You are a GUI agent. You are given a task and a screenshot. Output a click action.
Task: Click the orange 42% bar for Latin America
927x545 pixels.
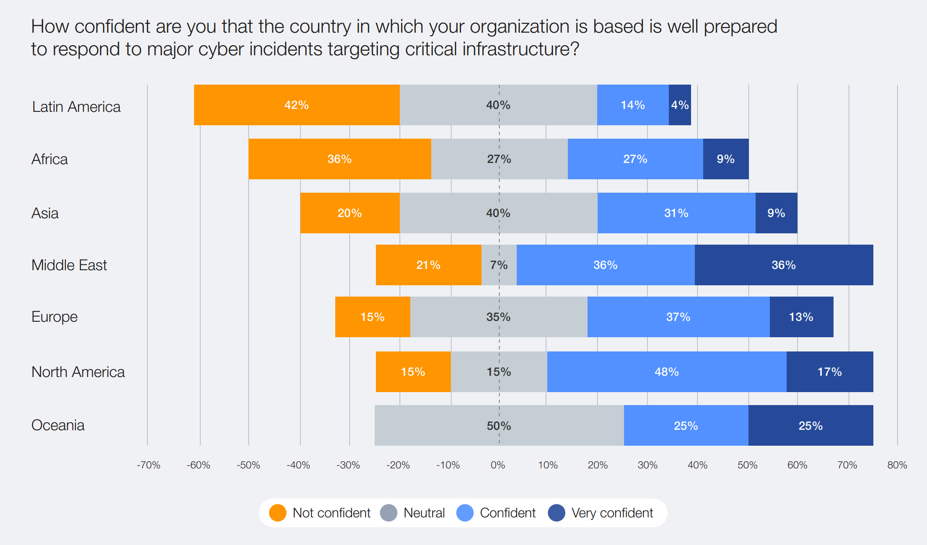[296, 105]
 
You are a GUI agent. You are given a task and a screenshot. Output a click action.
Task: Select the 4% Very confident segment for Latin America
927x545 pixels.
[679, 105]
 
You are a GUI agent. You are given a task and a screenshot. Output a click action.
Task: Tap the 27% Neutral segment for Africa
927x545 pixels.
[499, 159]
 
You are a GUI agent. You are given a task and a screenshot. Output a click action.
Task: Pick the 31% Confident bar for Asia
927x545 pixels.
[676, 213]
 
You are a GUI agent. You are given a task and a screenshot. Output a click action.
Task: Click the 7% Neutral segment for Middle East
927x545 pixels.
[499, 265]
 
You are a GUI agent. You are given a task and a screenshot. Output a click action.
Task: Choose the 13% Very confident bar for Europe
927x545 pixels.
[801, 317]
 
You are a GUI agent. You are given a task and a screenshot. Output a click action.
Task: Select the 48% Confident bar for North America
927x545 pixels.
[666, 372]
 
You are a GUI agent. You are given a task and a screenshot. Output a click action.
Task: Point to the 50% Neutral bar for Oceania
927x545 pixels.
[499, 426]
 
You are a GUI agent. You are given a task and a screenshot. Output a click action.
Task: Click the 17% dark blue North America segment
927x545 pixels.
[829, 372]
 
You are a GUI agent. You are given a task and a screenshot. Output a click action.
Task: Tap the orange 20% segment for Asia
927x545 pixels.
[350, 213]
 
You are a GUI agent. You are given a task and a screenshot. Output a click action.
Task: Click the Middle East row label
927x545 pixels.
[69, 265]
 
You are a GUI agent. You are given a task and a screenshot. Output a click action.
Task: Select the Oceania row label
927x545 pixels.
[58, 425]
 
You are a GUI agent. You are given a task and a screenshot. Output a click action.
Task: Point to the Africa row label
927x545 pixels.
[49, 159]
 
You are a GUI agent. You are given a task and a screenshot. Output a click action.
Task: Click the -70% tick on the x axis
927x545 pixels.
[148, 465]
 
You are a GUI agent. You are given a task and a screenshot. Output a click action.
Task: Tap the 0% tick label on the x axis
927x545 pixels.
[498, 465]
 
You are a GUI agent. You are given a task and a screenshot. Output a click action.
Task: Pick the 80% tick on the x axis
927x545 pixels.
[897, 465]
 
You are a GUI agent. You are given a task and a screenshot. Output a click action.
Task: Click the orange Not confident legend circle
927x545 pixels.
[277, 513]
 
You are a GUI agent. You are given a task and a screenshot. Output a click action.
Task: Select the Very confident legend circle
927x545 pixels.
[557, 513]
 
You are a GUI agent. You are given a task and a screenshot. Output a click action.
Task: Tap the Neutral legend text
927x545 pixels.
[424, 513]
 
